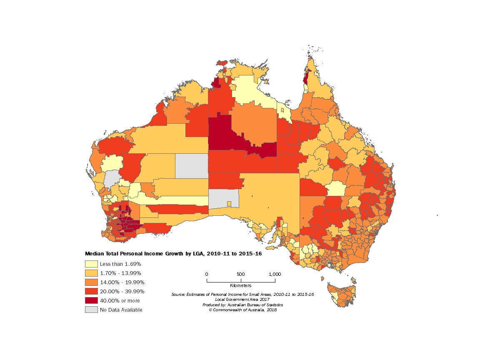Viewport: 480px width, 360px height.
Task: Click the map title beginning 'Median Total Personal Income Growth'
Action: (x=173, y=253)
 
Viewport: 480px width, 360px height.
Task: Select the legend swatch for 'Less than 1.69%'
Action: (x=91, y=264)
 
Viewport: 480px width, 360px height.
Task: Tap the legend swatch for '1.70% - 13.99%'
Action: (x=91, y=273)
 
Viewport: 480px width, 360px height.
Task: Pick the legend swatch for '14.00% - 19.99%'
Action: (x=91, y=282)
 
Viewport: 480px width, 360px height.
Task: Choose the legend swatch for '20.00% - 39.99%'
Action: (x=91, y=291)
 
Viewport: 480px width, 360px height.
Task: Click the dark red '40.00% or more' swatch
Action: (x=91, y=300)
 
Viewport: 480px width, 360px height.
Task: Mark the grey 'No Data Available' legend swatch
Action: (x=91, y=310)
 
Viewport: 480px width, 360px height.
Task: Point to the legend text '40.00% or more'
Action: (x=120, y=300)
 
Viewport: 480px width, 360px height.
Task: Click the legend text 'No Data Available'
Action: (x=121, y=310)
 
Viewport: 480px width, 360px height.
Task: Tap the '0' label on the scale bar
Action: (x=207, y=274)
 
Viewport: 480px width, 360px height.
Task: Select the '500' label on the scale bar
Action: (x=241, y=274)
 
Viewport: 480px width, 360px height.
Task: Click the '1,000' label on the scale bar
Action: (x=275, y=274)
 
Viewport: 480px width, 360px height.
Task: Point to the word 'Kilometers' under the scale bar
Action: (x=240, y=286)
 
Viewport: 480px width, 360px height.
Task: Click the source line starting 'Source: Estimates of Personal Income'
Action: (x=242, y=295)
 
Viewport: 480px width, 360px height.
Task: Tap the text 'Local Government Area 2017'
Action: (x=242, y=300)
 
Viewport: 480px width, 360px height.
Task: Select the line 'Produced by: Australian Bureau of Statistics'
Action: (x=242, y=305)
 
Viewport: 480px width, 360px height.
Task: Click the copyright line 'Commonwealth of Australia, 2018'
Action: (x=242, y=310)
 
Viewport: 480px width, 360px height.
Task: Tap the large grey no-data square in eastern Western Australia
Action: (x=191, y=165)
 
